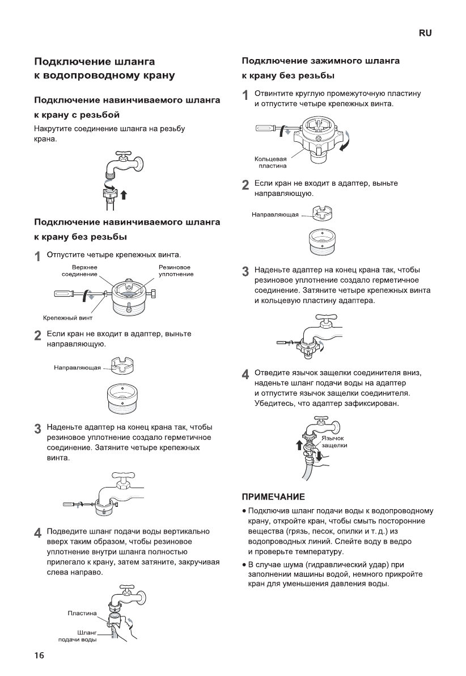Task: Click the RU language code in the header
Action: click(425, 33)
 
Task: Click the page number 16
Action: click(39, 656)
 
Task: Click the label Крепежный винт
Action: click(67, 317)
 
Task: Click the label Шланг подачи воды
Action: click(78, 636)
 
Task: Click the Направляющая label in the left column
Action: click(77, 368)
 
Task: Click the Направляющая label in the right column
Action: click(276, 215)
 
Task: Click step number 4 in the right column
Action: click(245, 374)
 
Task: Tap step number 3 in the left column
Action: click(37, 428)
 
